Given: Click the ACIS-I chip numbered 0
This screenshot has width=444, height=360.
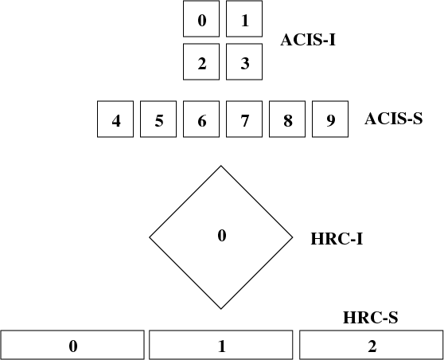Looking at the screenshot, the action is pos(201,18).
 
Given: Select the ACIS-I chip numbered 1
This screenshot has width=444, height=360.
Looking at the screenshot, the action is pos(244,18).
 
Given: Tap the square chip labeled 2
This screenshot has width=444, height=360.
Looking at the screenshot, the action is pos(201,62).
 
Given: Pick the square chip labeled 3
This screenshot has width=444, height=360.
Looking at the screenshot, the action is pos(244,62).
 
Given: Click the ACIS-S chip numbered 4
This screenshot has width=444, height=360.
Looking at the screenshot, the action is pos(115,119).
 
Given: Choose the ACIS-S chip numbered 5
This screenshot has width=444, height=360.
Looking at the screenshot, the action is pos(158,119).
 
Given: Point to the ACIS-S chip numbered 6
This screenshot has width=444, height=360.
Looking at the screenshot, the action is pos(201,119).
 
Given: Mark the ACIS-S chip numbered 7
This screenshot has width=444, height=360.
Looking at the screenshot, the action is pos(244,119).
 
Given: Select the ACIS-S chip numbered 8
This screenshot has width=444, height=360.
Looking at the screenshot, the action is pos(287,119).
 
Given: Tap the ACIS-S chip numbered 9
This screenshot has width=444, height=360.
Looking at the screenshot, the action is pos(330,119).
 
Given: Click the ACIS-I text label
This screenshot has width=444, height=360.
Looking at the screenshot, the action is pos(308,40).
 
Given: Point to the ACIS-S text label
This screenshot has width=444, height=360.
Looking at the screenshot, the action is pos(394,119).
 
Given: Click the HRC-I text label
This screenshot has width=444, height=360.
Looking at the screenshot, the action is pos(337,239).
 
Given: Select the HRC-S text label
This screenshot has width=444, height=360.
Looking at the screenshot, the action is pos(371,318).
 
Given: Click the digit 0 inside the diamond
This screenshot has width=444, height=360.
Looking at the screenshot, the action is pos(222,235).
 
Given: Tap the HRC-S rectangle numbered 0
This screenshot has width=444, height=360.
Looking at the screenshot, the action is pos(72,345).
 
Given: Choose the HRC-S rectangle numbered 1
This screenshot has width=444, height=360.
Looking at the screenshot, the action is pos(221,345).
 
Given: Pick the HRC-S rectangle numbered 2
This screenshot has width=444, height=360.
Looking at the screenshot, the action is pos(372,345).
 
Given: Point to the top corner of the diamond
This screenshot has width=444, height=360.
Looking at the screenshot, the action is pos(221,166).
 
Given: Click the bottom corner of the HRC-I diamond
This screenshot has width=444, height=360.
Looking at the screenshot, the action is pos(221,309).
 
